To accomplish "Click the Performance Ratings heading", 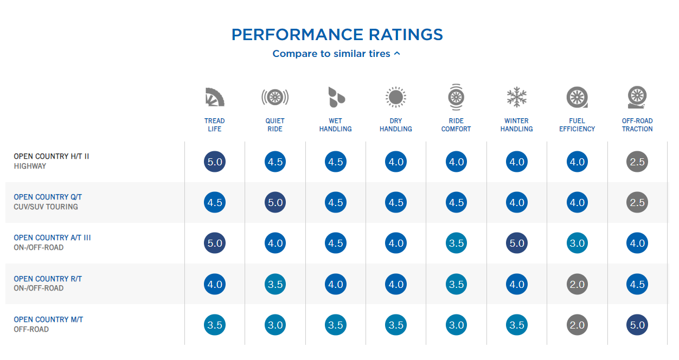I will coord(337,35).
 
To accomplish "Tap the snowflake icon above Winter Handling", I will coord(516,97).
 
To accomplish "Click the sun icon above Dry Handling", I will coord(395,97).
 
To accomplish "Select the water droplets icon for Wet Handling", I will coord(336,97).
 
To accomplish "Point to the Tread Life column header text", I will coord(215,125).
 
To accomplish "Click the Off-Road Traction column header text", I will coord(637,125).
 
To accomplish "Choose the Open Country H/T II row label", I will coord(52,156).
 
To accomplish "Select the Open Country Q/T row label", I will coord(48,197).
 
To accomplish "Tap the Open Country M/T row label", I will coord(48,319).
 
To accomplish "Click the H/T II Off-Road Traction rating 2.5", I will coord(637,162).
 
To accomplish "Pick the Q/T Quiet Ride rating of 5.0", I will coord(275,202).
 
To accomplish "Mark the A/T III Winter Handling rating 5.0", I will coord(516,243).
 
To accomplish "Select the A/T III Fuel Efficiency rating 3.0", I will coord(577,243).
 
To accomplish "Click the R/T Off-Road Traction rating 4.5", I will coord(637,284).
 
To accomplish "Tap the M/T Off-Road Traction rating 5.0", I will coord(637,325).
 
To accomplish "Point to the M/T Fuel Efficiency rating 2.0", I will coord(577,325).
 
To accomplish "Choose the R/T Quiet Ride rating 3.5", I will coord(275,284).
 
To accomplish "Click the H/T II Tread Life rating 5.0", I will coord(215,162).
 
